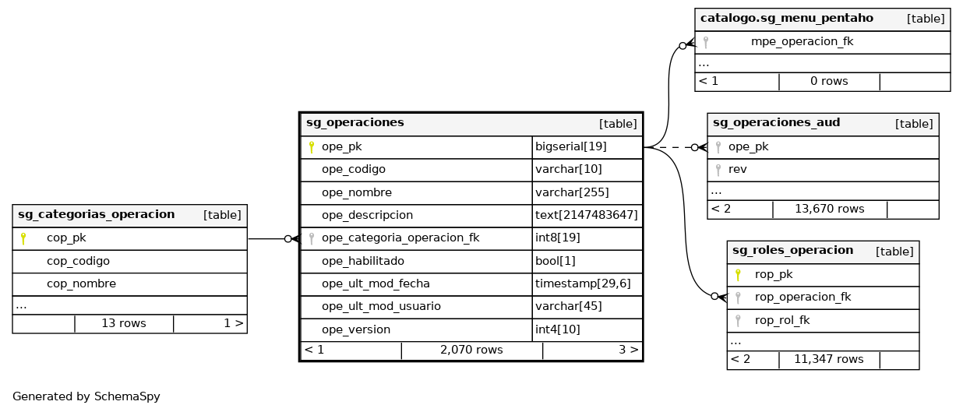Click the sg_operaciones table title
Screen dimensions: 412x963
tap(355, 122)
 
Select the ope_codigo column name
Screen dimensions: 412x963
tap(353, 169)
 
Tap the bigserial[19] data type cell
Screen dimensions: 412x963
tap(570, 146)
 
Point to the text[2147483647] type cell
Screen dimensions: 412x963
tap(586, 215)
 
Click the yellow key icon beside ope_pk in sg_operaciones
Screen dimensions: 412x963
tap(311, 146)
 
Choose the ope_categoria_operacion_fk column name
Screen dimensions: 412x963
tap(400, 238)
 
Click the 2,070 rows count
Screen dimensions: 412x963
tap(471, 350)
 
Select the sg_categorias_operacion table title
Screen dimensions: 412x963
tap(96, 214)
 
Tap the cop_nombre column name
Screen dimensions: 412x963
tap(81, 283)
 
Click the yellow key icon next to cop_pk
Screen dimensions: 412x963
tap(23, 238)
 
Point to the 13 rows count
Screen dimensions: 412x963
tap(123, 322)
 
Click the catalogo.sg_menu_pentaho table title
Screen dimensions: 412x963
tap(786, 18)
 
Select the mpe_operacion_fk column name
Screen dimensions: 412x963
tap(802, 41)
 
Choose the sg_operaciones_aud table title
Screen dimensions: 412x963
tap(776, 122)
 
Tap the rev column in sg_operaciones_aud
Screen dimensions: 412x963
tap(737, 169)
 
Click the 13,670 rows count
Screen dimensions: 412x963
tap(829, 209)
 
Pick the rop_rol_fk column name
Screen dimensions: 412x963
tap(783, 320)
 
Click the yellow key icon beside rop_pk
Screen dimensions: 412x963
tap(737, 274)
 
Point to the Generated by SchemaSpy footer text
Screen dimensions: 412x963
tap(86, 396)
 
